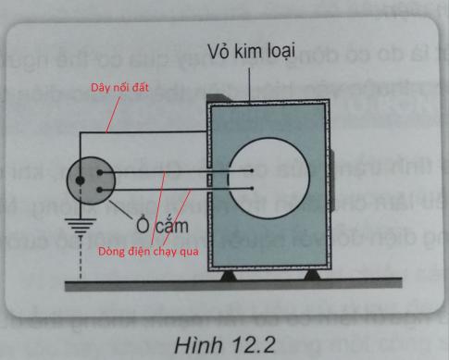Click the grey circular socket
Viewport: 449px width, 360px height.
(90, 180)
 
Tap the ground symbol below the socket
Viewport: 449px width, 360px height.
(76, 230)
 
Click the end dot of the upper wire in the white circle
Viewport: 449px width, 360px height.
(251, 171)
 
